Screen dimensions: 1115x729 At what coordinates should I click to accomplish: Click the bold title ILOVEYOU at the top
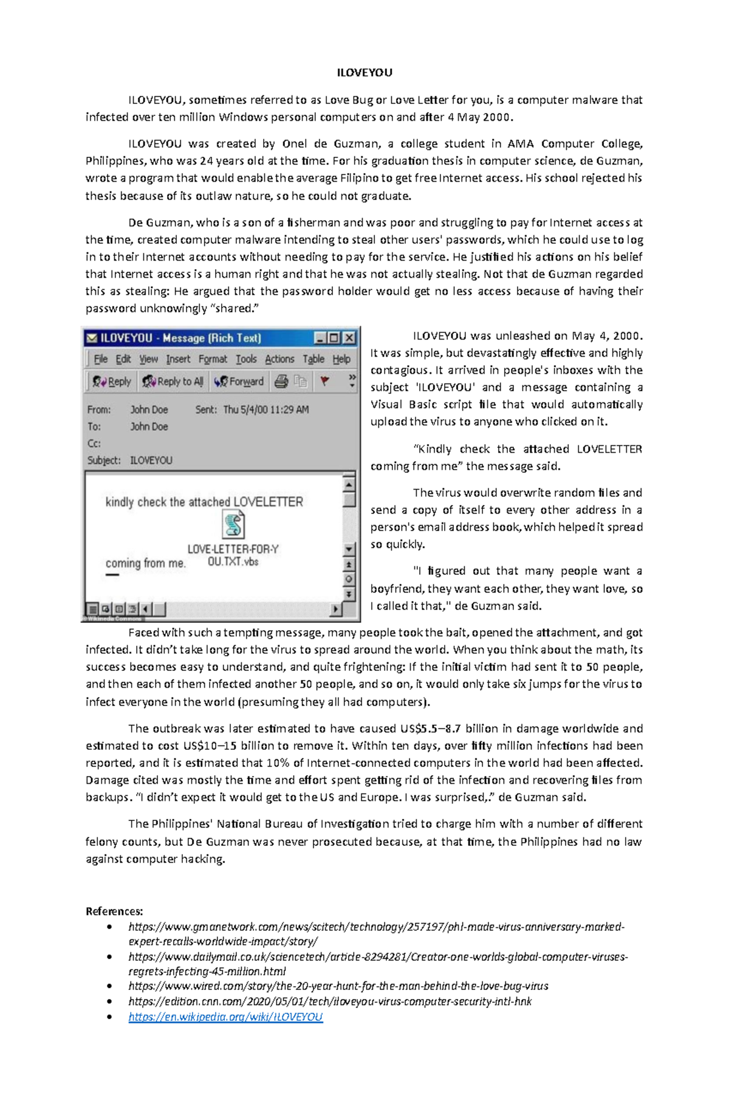tap(364, 73)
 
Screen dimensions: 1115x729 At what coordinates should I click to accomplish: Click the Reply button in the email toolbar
tap(112, 382)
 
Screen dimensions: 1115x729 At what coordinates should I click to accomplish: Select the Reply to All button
tap(173, 382)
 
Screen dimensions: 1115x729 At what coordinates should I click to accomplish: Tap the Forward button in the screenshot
tap(239, 382)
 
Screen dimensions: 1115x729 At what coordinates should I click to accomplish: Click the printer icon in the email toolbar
tap(281, 382)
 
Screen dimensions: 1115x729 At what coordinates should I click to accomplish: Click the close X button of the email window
tap(349, 338)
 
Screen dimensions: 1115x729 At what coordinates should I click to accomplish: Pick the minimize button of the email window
tap(320, 338)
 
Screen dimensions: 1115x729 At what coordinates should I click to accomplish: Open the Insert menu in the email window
tap(178, 359)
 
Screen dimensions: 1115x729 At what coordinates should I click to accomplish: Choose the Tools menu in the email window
tap(246, 359)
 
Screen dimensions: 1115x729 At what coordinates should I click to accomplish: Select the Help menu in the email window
tap(341, 359)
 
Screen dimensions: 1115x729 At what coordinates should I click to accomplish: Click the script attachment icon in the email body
tap(233, 524)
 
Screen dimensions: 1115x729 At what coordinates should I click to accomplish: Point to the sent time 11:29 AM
tap(286, 410)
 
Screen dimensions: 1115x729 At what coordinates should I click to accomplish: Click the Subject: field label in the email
tap(104, 461)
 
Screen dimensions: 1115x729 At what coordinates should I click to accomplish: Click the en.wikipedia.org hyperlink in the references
tap(225, 1017)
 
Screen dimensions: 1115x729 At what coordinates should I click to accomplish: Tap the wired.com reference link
tap(338, 986)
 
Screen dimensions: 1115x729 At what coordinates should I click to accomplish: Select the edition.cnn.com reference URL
tap(329, 1001)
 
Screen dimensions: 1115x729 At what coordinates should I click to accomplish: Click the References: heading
tap(114, 911)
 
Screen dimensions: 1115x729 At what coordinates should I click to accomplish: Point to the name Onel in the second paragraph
tap(295, 144)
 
